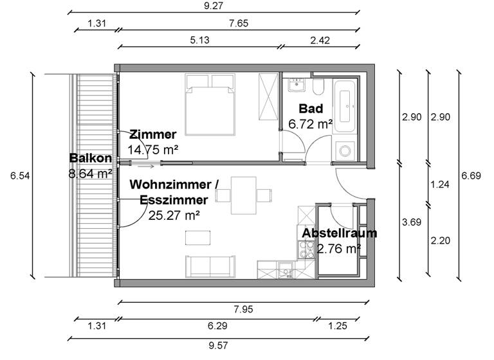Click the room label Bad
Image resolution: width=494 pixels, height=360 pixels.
pyautogui.click(x=311, y=109)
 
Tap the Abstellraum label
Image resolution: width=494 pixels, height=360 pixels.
pyautogui.click(x=340, y=233)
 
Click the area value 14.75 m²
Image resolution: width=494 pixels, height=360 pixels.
pyautogui.click(x=152, y=149)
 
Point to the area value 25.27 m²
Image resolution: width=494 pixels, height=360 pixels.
pyautogui.click(x=174, y=215)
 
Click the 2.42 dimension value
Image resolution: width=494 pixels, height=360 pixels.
pyautogui.click(x=320, y=40)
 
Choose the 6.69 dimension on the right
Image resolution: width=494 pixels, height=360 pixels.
pyautogui.click(x=471, y=175)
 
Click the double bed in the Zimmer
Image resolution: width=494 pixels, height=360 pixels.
pyautogui.click(x=210, y=105)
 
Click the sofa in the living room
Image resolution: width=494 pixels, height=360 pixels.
pyautogui.click(x=210, y=265)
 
